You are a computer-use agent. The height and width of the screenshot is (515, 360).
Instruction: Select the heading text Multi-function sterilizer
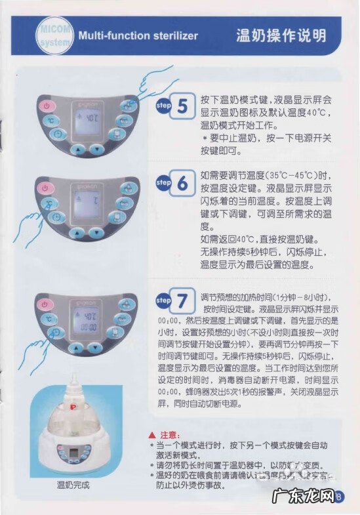coord(138,36)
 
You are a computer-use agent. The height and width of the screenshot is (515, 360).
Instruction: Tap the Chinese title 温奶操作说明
coord(281,35)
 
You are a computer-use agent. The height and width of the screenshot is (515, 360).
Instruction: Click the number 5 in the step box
coord(182,106)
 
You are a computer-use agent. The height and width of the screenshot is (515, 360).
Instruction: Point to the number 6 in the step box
coord(182,184)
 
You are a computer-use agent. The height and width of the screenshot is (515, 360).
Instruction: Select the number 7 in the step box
coord(182,300)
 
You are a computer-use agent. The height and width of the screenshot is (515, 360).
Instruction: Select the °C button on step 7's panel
coord(49,318)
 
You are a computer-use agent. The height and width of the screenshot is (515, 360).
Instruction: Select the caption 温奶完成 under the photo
coord(72,486)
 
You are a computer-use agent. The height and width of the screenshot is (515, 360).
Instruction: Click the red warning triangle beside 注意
coord(152,435)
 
